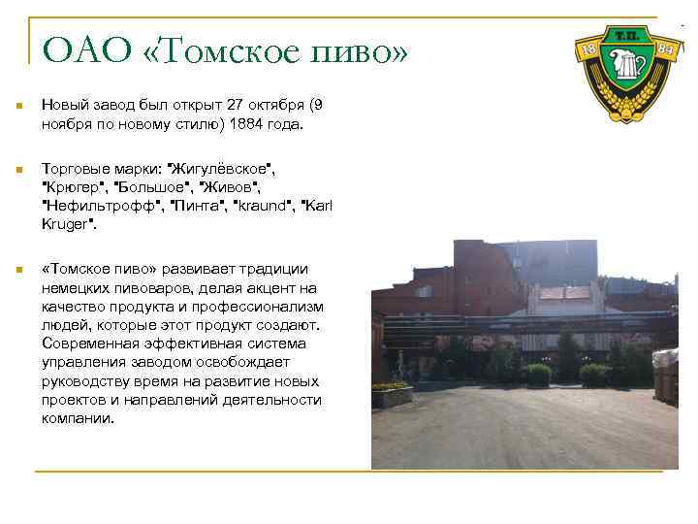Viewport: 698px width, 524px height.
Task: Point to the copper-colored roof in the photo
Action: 564,292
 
